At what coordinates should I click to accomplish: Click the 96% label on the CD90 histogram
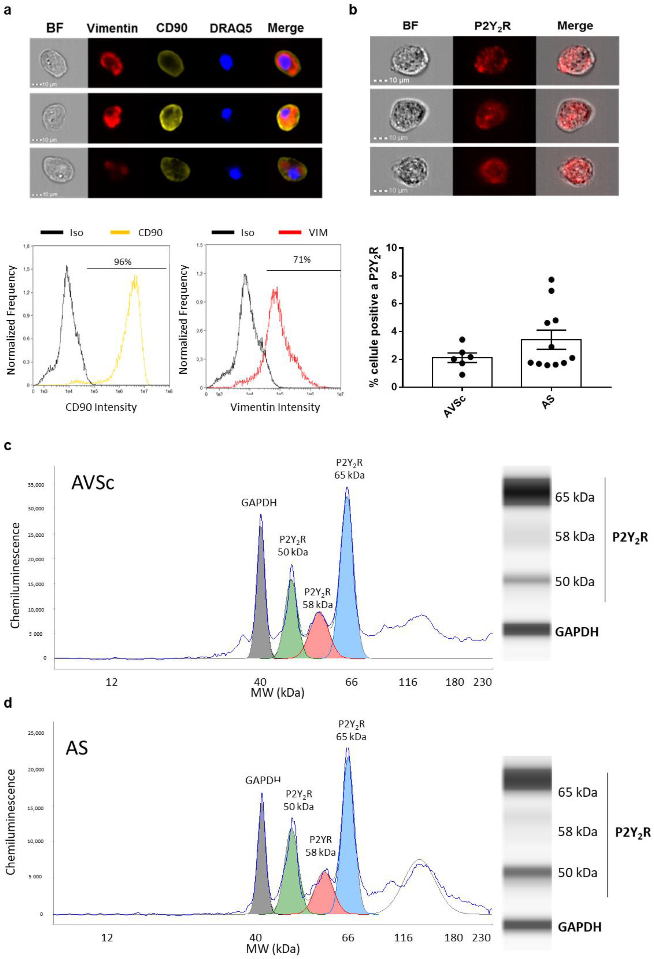pyautogui.click(x=123, y=262)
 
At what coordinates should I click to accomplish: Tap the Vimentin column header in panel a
pyautogui.click(x=112, y=28)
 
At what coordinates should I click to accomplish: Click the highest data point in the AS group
pyautogui.click(x=551, y=280)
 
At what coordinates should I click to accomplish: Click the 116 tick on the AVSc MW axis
pyautogui.click(x=408, y=682)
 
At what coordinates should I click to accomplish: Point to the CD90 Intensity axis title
pyautogui.click(x=101, y=407)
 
